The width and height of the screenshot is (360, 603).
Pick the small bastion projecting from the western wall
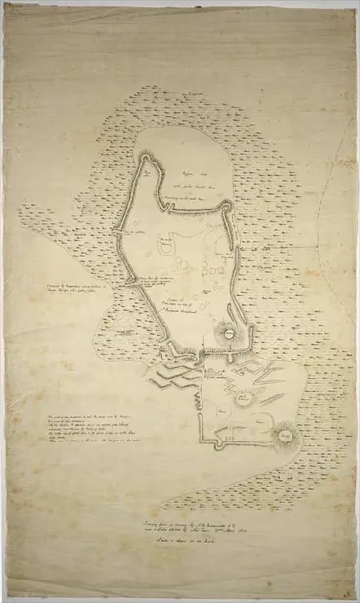pos(120,235)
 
